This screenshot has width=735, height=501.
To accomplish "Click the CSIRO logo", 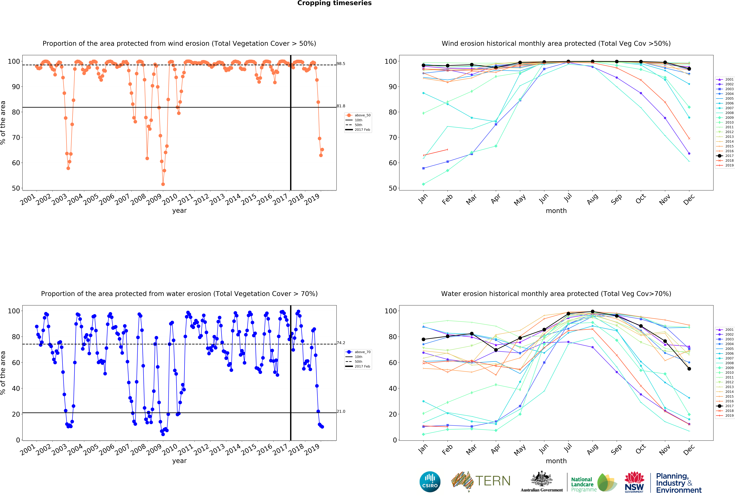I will (430, 482).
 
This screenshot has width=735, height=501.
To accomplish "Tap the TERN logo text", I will (493, 481).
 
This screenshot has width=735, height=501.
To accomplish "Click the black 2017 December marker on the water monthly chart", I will (689, 369).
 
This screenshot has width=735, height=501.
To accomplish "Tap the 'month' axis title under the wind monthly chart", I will (556, 211).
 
